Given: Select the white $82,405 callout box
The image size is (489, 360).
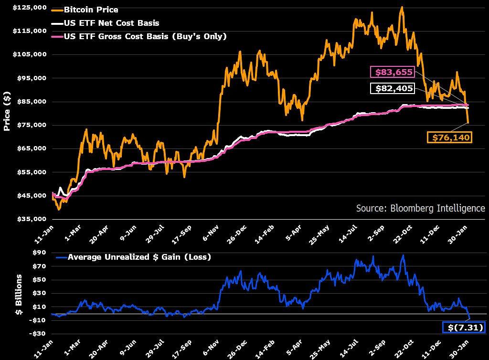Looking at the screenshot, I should [x=392, y=89].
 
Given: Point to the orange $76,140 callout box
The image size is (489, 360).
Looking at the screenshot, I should [x=449, y=138].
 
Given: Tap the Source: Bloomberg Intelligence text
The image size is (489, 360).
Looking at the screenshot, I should [x=420, y=208].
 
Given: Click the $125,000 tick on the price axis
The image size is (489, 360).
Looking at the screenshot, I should [x=30, y=8].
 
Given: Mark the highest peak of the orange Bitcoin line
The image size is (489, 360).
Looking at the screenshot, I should [x=402, y=7].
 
